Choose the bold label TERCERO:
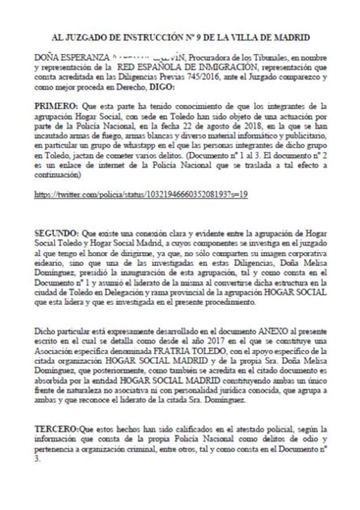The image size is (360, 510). [57, 429]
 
